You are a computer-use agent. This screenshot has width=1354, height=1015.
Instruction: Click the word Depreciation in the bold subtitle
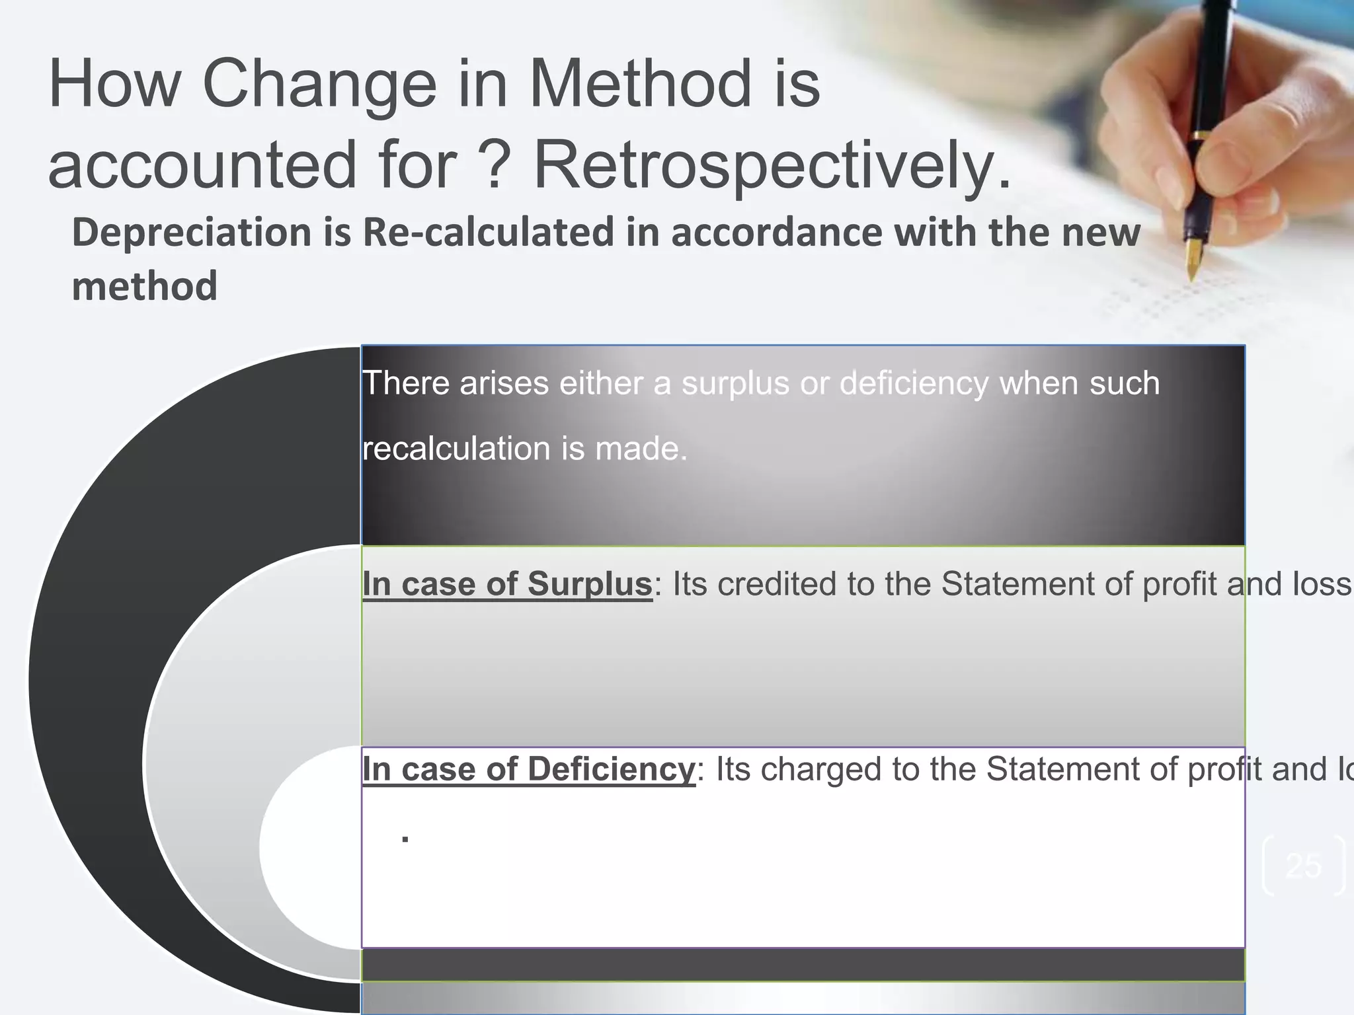click(x=192, y=233)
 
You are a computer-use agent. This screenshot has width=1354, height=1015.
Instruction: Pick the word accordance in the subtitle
click(x=776, y=233)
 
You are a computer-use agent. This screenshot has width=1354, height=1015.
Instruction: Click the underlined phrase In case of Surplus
click(x=507, y=584)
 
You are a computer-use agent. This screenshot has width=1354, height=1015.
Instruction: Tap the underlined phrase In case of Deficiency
click(x=529, y=769)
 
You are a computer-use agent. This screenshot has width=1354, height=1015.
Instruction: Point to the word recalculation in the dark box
click(x=456, y=449)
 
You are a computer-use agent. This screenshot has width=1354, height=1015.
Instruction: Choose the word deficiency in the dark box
click(x=914, y=383)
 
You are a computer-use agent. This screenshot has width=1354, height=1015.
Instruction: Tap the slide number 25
click(x=1303, y=866)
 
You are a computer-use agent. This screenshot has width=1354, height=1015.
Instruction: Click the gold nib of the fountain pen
click(x=1194, y=258)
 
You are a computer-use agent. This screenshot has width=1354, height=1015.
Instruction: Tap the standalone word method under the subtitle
click(x=144, y=287)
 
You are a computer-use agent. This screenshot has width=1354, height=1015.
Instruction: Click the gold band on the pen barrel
click(x=1198, y=135)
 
